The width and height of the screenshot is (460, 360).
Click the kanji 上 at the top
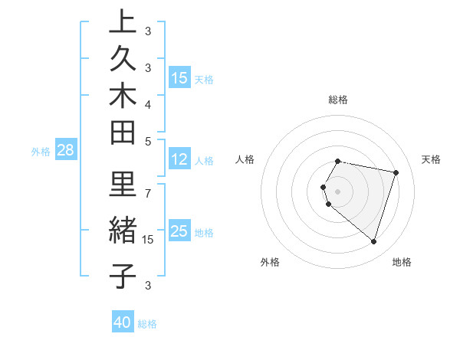[x=122, y=23]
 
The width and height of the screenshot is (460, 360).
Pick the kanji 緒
[x=122, y=231]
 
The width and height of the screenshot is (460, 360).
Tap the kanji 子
[x=122, y=276]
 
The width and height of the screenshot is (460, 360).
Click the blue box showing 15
[x=179, y=78]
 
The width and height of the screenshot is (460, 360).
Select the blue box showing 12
[x=179, y=160]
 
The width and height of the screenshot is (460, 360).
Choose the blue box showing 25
[x=179, y=231]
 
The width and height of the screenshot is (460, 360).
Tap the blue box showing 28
[x=65, y=151]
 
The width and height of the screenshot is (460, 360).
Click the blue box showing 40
[x=123, y=322]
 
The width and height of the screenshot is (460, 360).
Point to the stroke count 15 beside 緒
[x=149, y=240]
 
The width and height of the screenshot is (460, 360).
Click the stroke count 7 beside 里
[x=149, y=193]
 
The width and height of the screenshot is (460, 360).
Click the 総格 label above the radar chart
[x=338, y=100]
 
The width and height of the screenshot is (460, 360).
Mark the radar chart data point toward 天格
[x=396, y=172]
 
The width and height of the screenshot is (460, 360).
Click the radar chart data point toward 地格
[x=373, y=241]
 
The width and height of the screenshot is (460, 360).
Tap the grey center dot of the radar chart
[x=338, y=191]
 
